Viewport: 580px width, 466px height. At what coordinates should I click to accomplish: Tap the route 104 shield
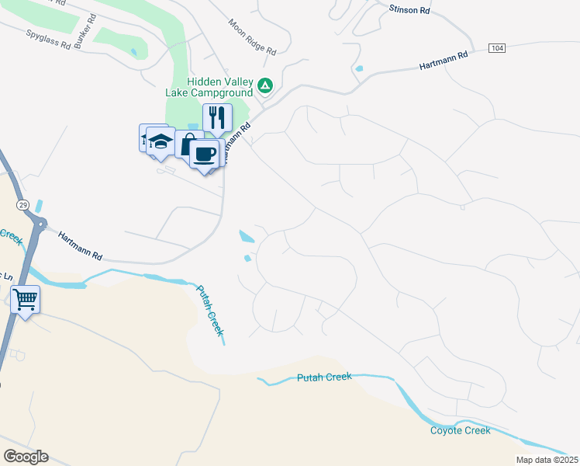click(x=498, y=48)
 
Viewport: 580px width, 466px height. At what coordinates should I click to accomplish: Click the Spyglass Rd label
click(x=48, y=40)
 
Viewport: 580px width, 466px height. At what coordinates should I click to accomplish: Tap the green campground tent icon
click(x=265, y=85)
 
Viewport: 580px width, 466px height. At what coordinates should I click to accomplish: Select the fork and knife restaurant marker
click(x=218, y=118)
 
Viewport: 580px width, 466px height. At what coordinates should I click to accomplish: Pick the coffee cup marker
click(x=204, y=154)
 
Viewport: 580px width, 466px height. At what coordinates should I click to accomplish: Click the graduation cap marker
click(x=161, y=141)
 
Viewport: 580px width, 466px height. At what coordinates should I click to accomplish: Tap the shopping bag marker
click(x=188, y=144)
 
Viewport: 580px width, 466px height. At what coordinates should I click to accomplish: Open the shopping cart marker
click(x=25, y=298)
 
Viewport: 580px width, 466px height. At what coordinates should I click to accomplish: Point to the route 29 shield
click(x=22, y=203)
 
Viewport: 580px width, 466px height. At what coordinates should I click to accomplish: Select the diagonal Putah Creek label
click(x=209, y=309)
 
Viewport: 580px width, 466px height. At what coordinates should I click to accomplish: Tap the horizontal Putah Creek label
click(x=324, y=377)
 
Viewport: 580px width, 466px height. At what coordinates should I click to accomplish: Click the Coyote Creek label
click(x=461, y=430)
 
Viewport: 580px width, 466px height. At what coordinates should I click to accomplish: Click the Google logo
click(x=26, y=457)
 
